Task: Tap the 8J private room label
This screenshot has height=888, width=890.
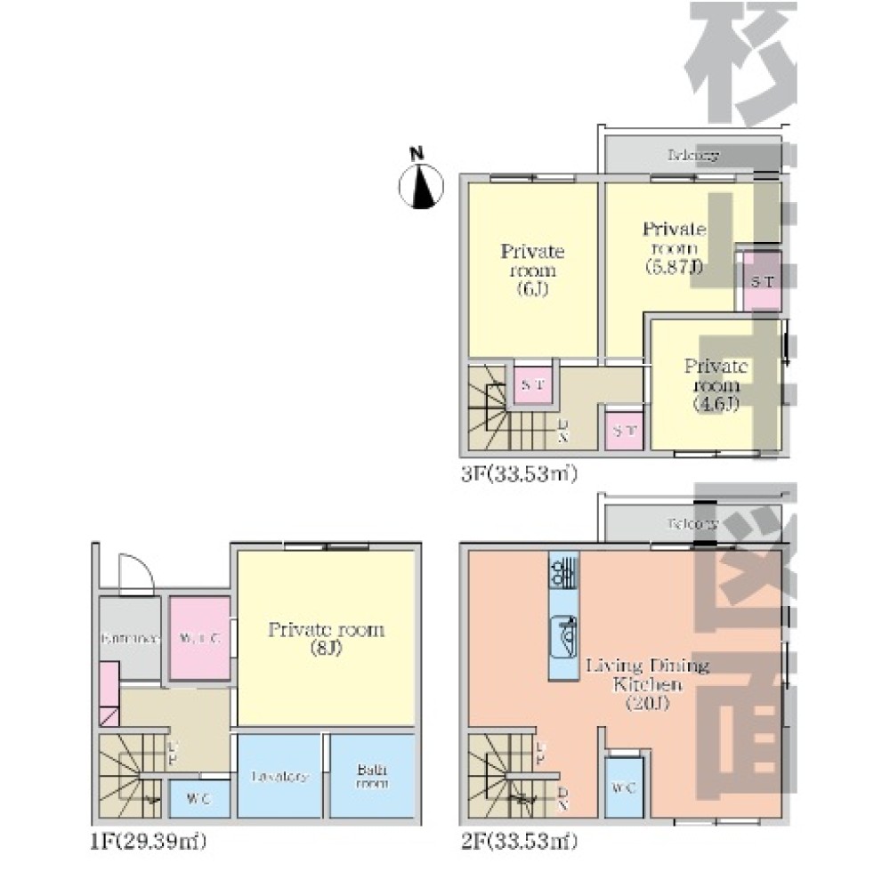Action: tap(326, 639)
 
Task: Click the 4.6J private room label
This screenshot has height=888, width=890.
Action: tap(716, 385)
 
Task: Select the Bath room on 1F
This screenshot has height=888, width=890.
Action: tap(372, 776)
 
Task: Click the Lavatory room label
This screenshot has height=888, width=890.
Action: tap(279, 776)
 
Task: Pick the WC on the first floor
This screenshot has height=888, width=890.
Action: tap(199, 798)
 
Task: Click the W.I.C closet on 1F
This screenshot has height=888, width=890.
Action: tap(199, 638)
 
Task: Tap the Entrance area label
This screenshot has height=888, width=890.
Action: tap(130, 638)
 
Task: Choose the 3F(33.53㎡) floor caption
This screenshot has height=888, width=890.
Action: tap(519, 473)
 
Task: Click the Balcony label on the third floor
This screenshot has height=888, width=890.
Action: tap(692, 155)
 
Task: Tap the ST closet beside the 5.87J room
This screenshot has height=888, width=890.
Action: tap(762, 282)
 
